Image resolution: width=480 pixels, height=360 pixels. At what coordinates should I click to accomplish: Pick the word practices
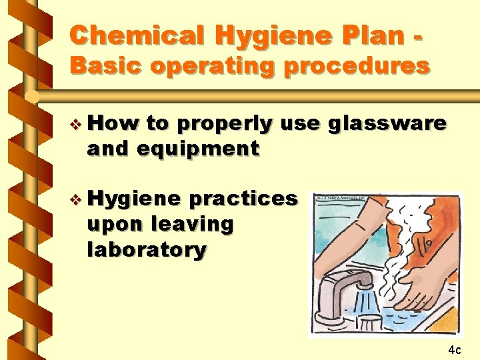pos(243,199)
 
